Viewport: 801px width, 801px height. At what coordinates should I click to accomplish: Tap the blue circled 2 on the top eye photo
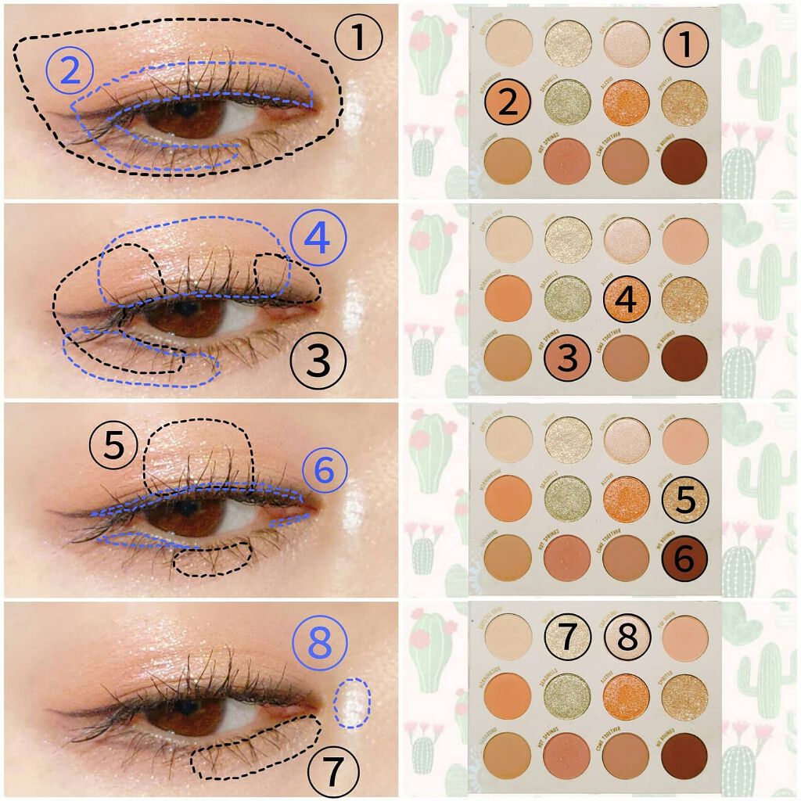click(x=70, y=71)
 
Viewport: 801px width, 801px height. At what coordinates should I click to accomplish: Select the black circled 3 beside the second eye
click(x=317, y=361)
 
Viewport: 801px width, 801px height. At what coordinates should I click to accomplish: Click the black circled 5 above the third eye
click(x=114, y=446)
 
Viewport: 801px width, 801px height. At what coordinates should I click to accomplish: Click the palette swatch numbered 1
click(x=684, y=45)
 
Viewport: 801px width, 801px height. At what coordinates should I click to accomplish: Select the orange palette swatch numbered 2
click(x=508, y=102)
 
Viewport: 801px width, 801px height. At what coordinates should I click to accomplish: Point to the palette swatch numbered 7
click(x=567, y=638)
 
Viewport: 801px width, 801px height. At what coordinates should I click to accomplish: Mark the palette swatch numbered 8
click(x=626, y=638)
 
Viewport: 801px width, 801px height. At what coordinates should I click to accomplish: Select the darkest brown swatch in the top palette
click(x=684, y=160)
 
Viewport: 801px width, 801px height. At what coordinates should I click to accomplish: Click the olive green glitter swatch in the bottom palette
click(x=567, y=694)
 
